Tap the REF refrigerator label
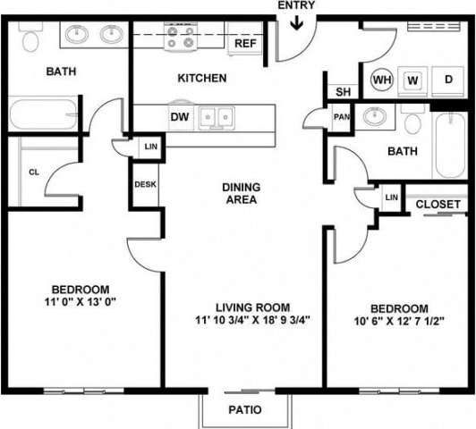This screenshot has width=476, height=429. tap(245, 43)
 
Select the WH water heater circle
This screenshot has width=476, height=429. tap(382, 80)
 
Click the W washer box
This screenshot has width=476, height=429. tap(412, 80)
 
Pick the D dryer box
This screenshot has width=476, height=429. tap(447, 80)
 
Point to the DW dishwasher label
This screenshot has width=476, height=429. tap(179, 115)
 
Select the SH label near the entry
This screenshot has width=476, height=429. tap(343, 91)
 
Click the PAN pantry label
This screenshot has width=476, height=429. tap(341, 117)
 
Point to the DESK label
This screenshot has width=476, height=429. tap(146, 185)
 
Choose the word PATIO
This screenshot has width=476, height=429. tap(245, 411)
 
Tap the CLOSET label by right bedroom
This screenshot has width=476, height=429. tap(438, 205)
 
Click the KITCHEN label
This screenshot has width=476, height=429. tap(201, 79)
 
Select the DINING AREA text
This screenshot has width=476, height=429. tap(242, 193)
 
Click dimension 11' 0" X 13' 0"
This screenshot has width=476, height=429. tap(80, 302)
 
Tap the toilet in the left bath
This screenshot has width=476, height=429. tap(30, 38)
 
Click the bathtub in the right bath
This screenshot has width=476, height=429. tap(446, 145)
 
